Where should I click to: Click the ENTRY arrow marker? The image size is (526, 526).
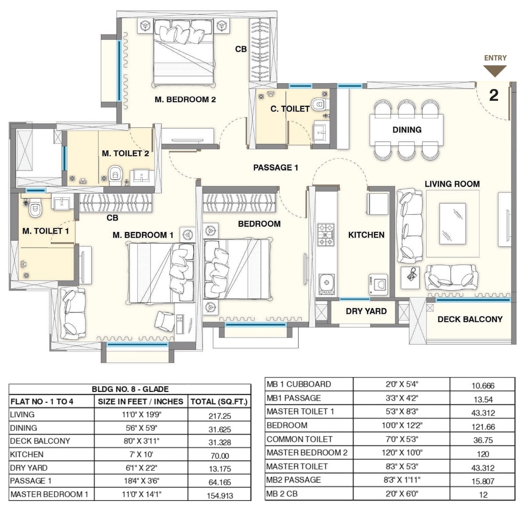(x=495, y=70)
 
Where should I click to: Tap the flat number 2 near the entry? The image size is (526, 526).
(x=494, y=95)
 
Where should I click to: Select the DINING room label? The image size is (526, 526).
(x=407, y=130)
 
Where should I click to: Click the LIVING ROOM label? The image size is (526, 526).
(x=452, y=184)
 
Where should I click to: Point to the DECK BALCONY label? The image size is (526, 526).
(x=470, y=320)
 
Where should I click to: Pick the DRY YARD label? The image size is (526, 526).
(x=366, y=311)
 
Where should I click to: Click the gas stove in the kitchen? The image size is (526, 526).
(x=326, y=235)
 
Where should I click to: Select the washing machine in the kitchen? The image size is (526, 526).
(x=378, y=284)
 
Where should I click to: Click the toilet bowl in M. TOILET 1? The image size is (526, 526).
(x=34, y=210)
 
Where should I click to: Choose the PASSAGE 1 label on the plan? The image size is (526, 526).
(x=276, y=167)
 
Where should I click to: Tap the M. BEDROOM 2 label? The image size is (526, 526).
(x=185, y=100)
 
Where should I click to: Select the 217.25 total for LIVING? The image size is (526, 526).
(x=220, y=416)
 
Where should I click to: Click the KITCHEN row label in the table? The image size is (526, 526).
(x=27, y=455)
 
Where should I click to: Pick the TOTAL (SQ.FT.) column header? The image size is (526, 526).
(x=219, y=402)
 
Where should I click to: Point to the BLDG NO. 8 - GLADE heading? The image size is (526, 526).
(x=130, y=389)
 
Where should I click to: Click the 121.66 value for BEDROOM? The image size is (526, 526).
(x=483, y=426)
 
